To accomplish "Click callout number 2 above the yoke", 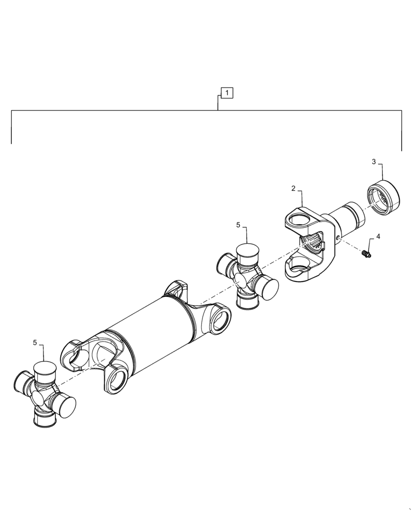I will coord(293,188).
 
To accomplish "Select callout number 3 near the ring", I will coord(374,162).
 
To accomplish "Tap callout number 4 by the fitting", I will coord(378,237).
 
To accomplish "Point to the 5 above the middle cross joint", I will coord(238,225).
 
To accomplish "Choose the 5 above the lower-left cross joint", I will coord(35,343).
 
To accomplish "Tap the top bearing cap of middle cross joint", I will coord(247,252).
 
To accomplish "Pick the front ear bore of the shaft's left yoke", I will coord(118,379).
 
